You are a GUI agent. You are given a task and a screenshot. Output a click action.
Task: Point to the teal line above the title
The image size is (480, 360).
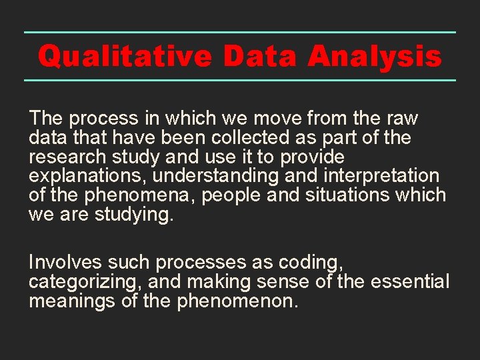click(240, 32)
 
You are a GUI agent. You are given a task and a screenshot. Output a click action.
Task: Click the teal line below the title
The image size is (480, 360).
click(240, 80)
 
